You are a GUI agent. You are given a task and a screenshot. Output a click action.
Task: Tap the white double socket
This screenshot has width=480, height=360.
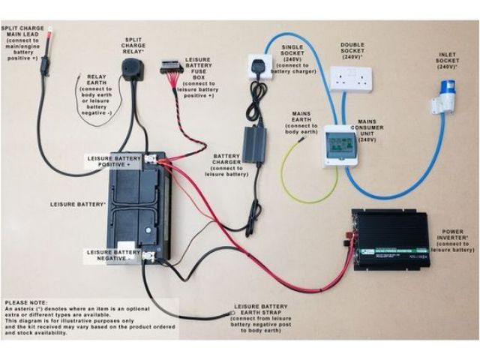coord(351,77)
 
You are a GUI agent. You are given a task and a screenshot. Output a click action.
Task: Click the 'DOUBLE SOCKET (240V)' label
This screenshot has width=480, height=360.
coord(352,50)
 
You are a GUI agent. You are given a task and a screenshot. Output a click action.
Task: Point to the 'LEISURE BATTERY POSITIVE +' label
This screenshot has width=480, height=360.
coord(113,161)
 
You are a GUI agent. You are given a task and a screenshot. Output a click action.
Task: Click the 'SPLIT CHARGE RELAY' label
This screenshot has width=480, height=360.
coord(133,46)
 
